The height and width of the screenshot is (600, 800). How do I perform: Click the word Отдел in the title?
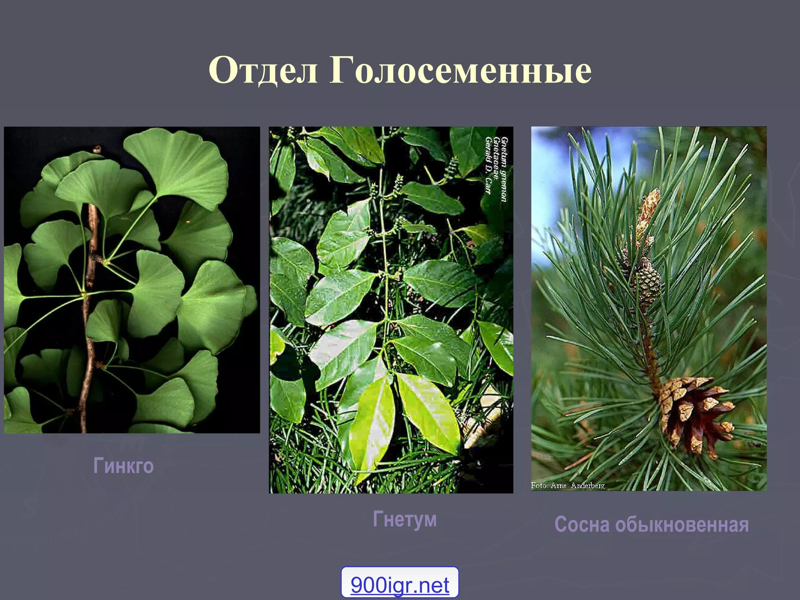[x=263, y=70]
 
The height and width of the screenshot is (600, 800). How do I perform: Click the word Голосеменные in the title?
[x=460, y=70]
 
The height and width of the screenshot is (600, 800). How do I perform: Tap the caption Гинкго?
[x=123, y=466]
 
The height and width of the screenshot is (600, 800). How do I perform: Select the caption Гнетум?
[x=405, y=519]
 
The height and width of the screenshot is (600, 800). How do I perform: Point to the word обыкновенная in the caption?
[x=682, y=524]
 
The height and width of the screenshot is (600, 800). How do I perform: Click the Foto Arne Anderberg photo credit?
[x=568, y=485]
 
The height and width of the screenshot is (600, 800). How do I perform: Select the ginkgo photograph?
[x=132, y=280]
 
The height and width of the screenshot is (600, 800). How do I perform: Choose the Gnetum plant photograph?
[x=391, y=309]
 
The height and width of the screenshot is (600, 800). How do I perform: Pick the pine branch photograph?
[x=648, y=309]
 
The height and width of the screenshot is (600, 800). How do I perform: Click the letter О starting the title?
[x=222, y=70]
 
